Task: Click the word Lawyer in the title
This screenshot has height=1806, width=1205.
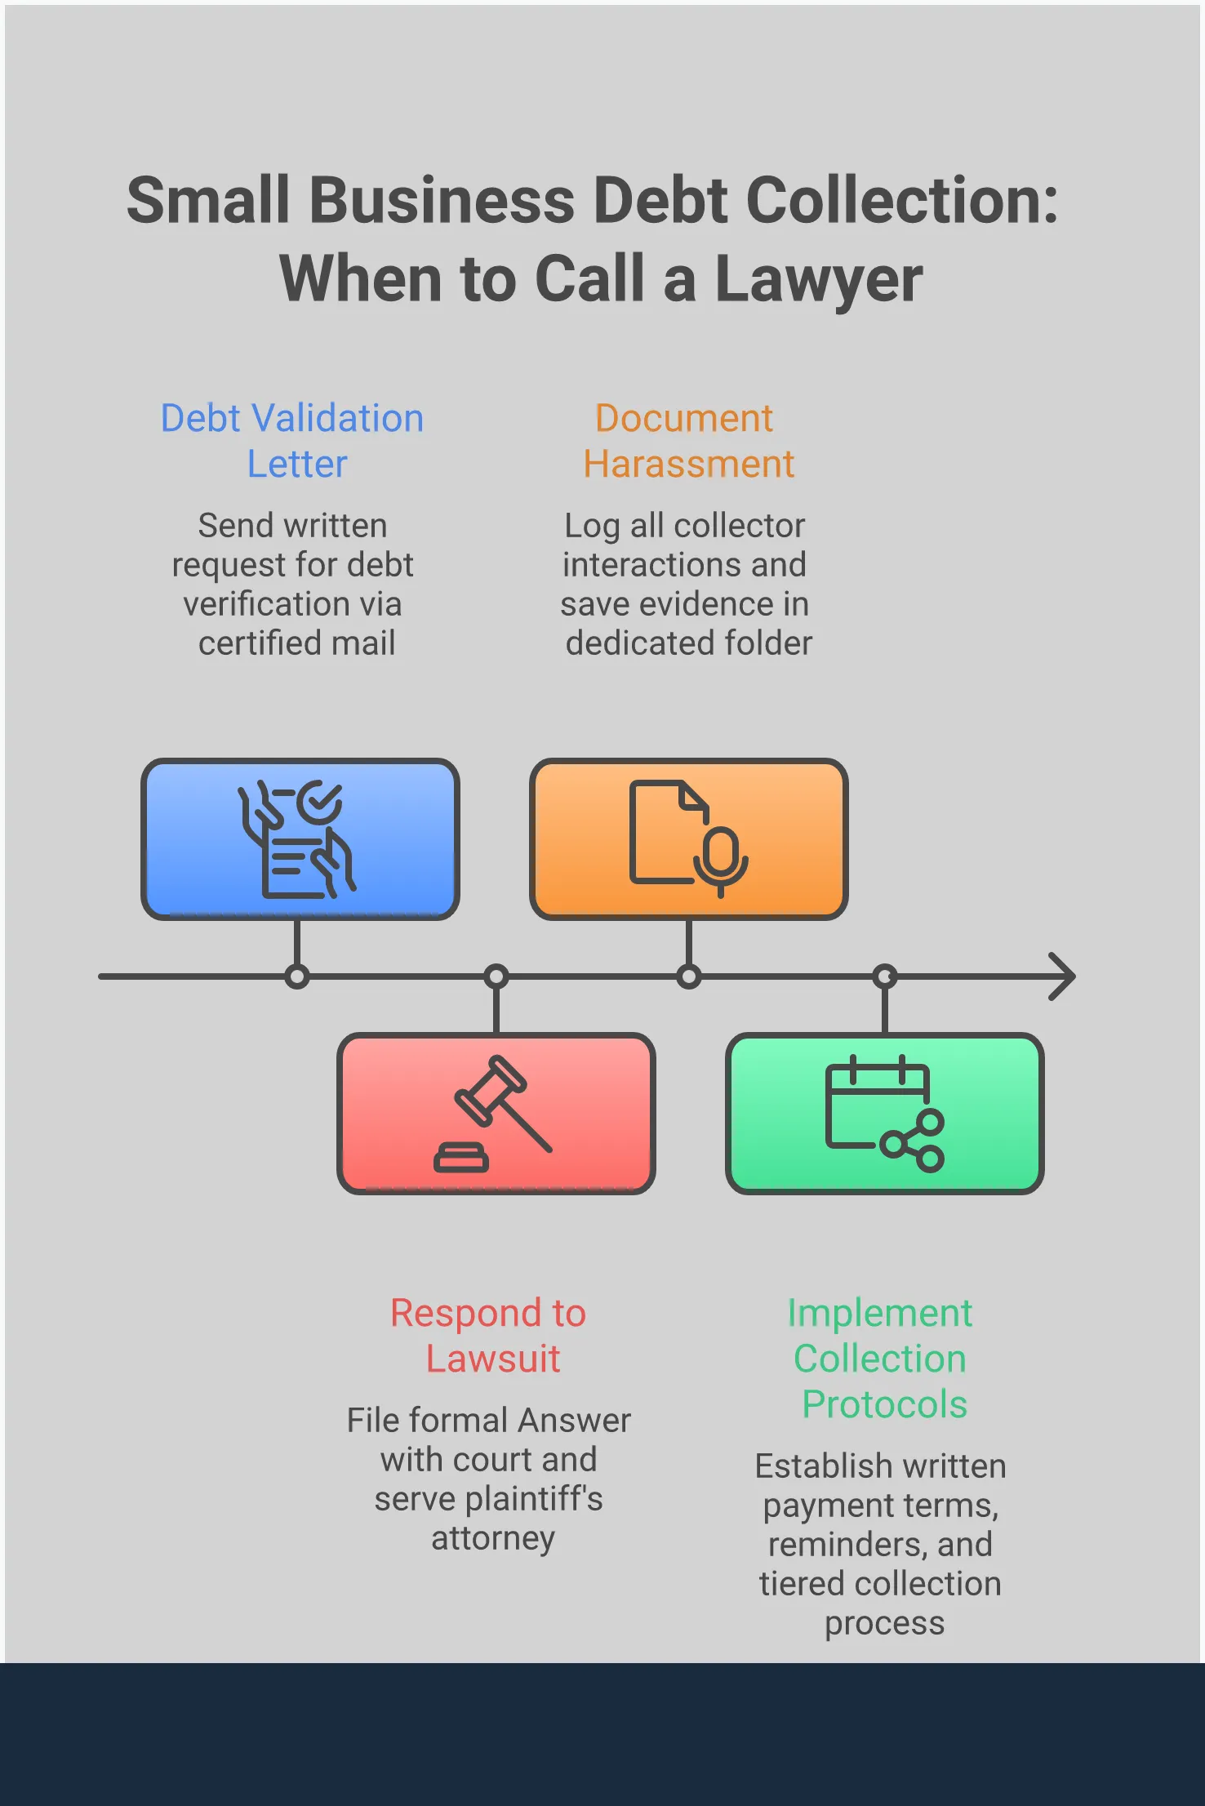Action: pyautogui.click(x=818, y=279)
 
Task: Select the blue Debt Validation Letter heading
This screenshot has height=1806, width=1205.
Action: pyautogui.click(x=292, y=441)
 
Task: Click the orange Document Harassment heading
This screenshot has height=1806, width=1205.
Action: pyautogui.click(x=687, y=441)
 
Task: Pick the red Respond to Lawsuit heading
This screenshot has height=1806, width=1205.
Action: pyautogui.click(x=490, y=1336)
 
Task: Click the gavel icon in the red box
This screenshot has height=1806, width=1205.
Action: pyautogui.click(x=495, y=1114)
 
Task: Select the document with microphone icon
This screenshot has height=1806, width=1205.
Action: pyautogui.click(x=687, y=838)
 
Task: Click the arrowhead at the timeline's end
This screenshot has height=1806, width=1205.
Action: pyautogui.click(x=1063, y=976)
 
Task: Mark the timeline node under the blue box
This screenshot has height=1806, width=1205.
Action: pyautogui.click(x=297, y=976)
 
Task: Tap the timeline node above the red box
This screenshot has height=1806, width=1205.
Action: pyautogui.click(x=496, y=976)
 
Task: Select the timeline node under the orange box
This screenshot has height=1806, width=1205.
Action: pyautogui.click(x=689, y=976)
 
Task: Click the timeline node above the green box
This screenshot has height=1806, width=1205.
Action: pyautogui.click(x=885, y=976)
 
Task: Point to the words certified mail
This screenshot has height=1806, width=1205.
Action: pyautogui.click(x=297, y=643)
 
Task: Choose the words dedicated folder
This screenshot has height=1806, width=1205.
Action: pyautogui.click(x=689, y=643)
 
